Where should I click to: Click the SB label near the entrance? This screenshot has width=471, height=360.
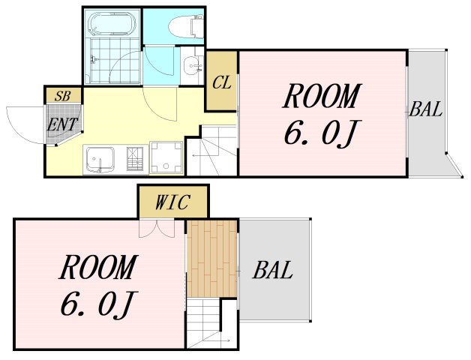[63, 96]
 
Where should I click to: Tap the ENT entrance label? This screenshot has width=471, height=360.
[62, 124]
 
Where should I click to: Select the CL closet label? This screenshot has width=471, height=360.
[222, 82]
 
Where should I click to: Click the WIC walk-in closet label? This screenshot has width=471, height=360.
[172, 202]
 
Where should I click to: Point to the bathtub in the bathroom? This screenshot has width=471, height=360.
[112, 23]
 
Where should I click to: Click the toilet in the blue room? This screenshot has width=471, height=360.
[185, 26]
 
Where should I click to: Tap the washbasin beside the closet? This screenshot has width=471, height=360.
[192, 65]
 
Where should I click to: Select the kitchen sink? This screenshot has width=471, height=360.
[100, 160]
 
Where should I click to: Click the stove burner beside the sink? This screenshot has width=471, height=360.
[135, 159]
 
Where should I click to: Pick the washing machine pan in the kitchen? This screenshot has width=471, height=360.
[166, 157]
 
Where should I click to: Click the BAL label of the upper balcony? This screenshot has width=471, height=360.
[426, 109]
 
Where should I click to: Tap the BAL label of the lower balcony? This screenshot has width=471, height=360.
[272, 270]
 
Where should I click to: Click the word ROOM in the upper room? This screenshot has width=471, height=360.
[322, 96]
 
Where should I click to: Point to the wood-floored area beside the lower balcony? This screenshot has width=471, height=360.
[211, 259]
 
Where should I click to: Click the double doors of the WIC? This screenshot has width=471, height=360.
[157, 229]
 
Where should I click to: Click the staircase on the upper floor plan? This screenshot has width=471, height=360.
[212, 151]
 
